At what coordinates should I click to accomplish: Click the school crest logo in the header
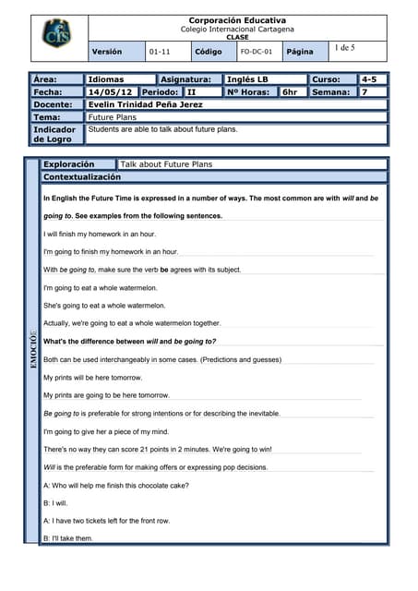click(x=54, y=36)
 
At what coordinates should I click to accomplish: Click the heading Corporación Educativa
click(x=237, y=19)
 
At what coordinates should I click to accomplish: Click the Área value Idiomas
click(x=105, y=79)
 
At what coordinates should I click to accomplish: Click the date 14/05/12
click(x=110, y=92)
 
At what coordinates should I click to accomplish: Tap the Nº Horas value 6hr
click(x=290, y=92)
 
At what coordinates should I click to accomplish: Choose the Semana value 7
click(x=364, y=92)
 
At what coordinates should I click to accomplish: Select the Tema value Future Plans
click(x=112, y=117)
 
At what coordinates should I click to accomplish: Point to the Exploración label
click(x=69, y=164)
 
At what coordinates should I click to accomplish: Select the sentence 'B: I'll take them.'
click(x=68, y=538)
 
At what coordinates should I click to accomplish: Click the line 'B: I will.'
click(x=55, y=503)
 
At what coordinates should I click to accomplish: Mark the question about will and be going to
click(x=130, y=341)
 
